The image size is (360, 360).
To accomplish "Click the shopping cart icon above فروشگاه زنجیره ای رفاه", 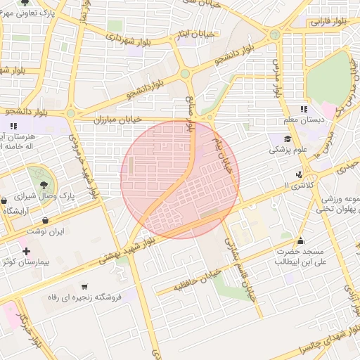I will coord(84,287).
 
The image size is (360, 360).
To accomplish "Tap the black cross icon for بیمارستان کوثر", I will coord(26,251).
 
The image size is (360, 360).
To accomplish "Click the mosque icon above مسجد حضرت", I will coord(301,240).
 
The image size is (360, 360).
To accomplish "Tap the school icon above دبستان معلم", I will coord(303,109).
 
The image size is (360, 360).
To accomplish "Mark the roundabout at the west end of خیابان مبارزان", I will coord(70,112).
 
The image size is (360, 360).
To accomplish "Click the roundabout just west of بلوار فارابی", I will coord(275,34).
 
